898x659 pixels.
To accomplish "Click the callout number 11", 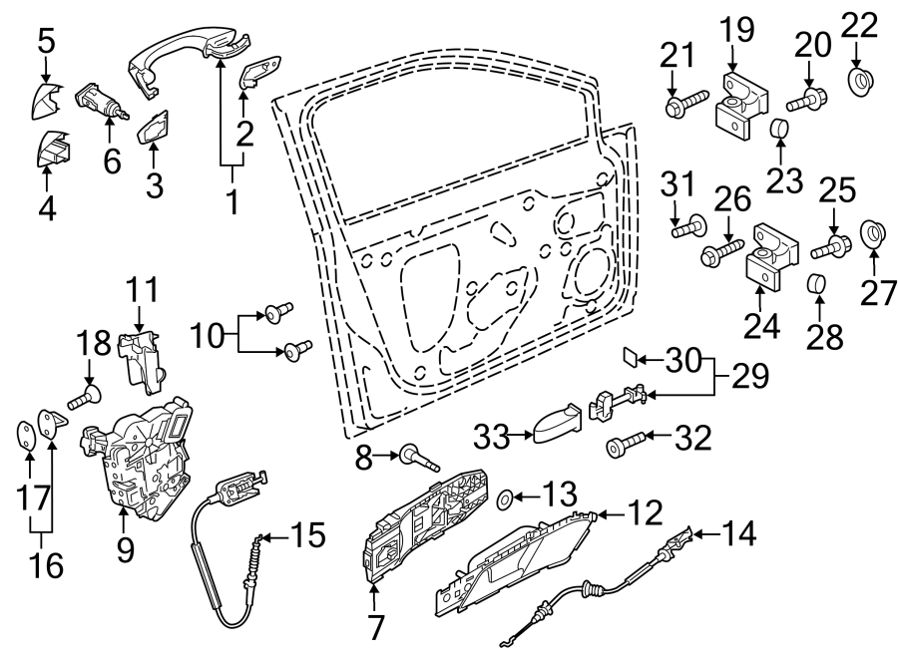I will pos(142,290).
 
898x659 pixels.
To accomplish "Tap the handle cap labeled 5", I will pos(47,99).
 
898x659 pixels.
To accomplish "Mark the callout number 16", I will pos(46,566).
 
